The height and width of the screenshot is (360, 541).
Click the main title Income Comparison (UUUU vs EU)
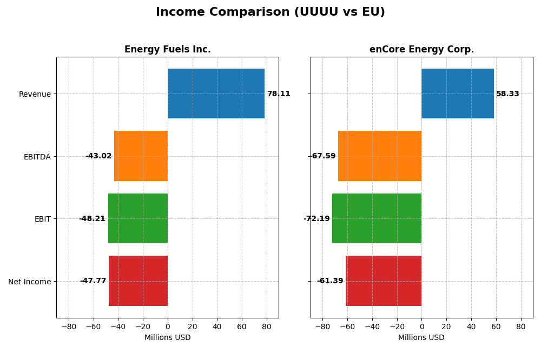[x=270, y=12]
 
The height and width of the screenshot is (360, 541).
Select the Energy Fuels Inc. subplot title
[x=167, y=50]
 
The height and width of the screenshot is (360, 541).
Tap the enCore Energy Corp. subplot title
[x=421, y=50]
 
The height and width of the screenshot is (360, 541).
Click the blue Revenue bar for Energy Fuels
[x=216, y=94]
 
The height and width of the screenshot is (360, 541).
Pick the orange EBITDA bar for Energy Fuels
[x=141, y=156]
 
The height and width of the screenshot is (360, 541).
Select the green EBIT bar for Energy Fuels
[x=138, y=218]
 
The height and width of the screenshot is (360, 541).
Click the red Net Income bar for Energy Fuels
[x=138, y=281]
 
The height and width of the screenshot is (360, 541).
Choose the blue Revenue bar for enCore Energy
[x=458, y=94]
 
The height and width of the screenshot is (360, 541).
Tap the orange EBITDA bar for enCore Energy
[x=380, y=156]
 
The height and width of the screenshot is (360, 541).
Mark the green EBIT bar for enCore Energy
[x=377, y=218]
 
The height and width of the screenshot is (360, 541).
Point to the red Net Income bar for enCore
[x=384, y=281]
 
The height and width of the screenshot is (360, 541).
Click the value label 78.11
[x=279, y=94]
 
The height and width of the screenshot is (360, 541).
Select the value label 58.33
[x=507, y=94]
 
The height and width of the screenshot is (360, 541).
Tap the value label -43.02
[x=98, y=156]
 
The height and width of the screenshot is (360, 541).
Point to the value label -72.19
[x=316, y=219]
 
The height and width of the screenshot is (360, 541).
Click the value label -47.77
[x=93, y=281]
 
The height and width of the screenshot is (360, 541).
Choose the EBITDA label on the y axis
[x=37, y=157]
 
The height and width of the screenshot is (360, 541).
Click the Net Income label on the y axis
[x=30, y=282]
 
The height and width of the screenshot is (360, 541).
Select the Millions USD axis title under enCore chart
[x=421, y=338]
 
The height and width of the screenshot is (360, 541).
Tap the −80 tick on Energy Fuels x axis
[x=68, y=326]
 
